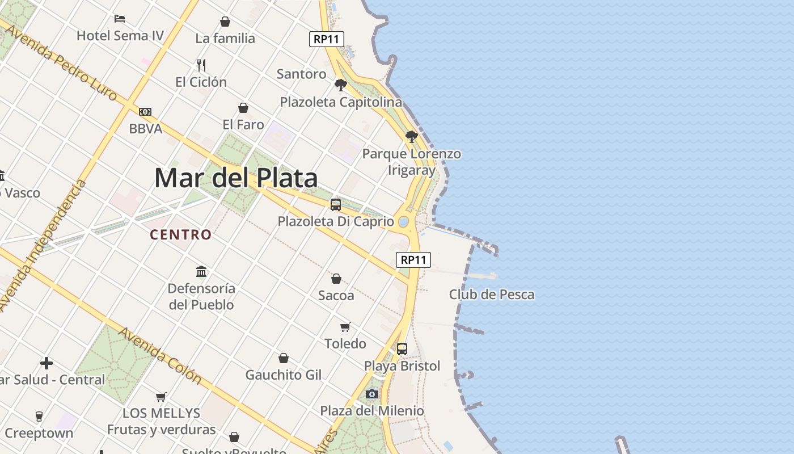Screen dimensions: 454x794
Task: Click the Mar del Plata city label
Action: pyautogui.click(x=236, y=178)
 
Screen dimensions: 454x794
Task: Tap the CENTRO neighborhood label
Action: pyautogui.click(x=181, y=234)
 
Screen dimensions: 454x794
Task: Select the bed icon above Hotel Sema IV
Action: pyautogui.click(x=120, y=19)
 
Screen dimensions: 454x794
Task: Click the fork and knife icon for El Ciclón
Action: pyautogui.click(x=201, y=65)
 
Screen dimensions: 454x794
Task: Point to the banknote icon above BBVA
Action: pyautogui.click(x=145, y=112)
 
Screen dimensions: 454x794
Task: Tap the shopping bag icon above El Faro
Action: pyautogui.click(x=243, y=108)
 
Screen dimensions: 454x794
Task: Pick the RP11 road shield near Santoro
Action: pyautogui.click(x=327, y=39)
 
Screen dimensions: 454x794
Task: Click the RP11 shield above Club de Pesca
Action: pyautogui.click(x=413, y=260)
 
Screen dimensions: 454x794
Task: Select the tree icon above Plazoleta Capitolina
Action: pyautogui.click(x=341, y=85)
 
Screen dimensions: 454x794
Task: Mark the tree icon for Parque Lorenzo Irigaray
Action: pyautogui.click(x=412, y=137)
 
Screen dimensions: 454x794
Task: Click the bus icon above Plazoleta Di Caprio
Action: pyautogui.click(x=336, y=205)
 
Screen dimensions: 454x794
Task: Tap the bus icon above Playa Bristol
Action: pyautogui.click(x=402, y=349)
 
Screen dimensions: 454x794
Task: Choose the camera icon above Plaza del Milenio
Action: pyautogui.click(x=372, y=394)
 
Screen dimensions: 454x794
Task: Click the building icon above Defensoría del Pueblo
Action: pyautogui.click(x=201, y=271)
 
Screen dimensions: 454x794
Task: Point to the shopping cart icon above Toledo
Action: pyautogui.click(x=345, y=327)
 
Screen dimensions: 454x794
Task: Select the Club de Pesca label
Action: pyautogui.click(x=492, y=295)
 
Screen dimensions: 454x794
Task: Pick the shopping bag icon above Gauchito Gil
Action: pyautogui.click(x=284, y=358)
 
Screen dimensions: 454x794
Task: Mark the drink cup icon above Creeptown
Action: pyautogui.click(x=39, y=416)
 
